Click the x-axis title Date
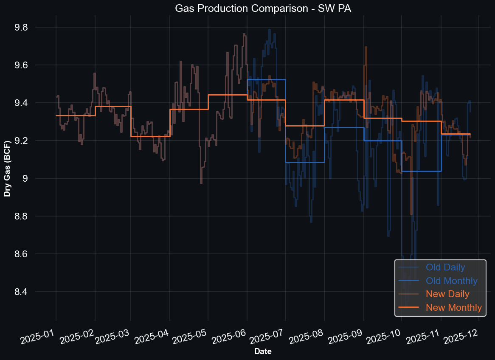(263, 351)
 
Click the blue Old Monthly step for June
(266, 79)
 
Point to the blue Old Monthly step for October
(421, 171)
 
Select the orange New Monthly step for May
(228, 95)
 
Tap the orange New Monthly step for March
(150, 136)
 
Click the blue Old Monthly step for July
(305, 162)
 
